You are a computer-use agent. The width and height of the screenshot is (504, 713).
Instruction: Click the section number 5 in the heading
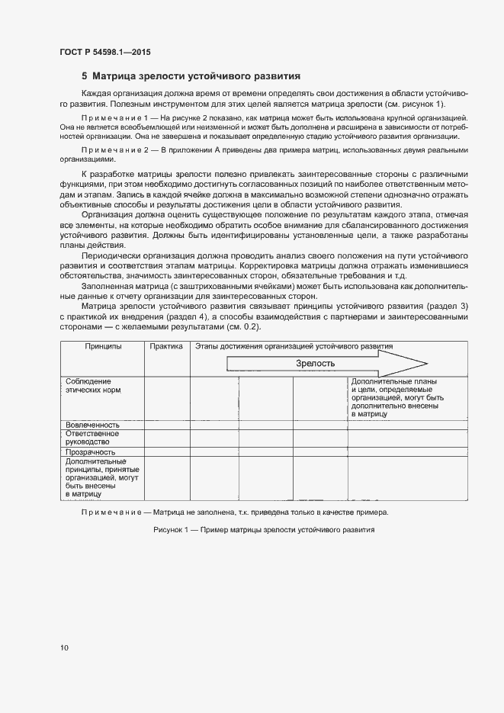click(x=85, y=76)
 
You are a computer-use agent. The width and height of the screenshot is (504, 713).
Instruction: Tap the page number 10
click(x=64, y=648)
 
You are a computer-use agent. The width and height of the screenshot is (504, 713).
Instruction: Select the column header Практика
click(x=166, y=346)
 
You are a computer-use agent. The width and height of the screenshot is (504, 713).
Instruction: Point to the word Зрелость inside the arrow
click(x=316, y=364)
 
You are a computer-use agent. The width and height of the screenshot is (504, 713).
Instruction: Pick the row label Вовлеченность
click(x=92, y=425)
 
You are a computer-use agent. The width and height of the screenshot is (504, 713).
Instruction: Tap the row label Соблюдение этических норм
click(x=88, y=385)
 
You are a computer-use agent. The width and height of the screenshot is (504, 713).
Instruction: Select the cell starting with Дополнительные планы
click(x=397, y=397)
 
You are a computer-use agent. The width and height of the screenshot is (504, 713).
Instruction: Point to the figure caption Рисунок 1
click(x=264, y=529)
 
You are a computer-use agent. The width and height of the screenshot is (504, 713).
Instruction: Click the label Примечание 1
click(x=114, y=120)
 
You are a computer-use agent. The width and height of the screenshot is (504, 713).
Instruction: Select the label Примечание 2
click(x=114, y=151)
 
